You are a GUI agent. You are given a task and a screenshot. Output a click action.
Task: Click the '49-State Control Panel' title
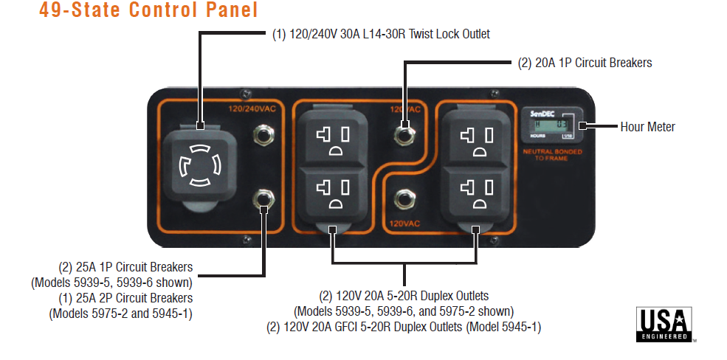[148, 11]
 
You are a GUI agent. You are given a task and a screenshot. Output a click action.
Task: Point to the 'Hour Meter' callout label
[647, 127]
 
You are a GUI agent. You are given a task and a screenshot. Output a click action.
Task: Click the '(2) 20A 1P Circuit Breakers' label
[585, 63]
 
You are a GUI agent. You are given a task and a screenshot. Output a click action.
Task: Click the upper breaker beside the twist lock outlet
[261, 134]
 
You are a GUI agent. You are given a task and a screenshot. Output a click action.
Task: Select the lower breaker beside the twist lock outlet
[261, 198]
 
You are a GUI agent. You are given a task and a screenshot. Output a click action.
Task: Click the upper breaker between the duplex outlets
[404, 133]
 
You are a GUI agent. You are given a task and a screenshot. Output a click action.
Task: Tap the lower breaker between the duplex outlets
[404, 198]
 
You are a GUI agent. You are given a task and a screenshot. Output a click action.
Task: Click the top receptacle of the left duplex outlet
[331, 137]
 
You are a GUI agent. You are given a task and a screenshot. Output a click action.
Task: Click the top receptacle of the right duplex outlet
[473, 137]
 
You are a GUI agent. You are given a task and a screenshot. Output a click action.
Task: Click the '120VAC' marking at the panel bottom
[405, 222]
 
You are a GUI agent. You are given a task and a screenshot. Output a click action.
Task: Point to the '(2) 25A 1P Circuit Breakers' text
[125, 267]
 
